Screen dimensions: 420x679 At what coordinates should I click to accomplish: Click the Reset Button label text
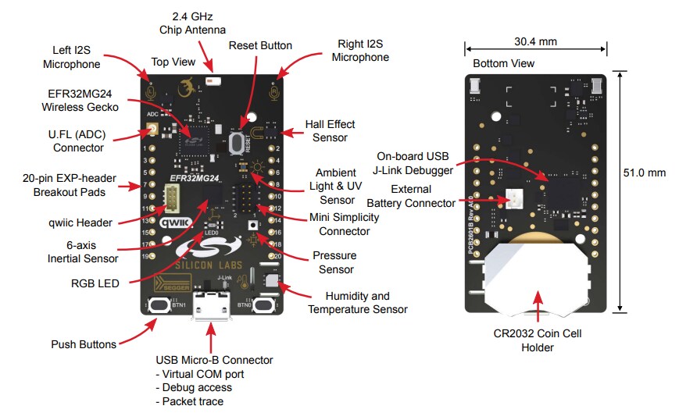point(260,46)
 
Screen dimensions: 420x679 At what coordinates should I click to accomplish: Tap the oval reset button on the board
point(235,141)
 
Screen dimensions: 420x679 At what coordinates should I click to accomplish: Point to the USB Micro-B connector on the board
point(209,305)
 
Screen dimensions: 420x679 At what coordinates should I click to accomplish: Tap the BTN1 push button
point(162,304)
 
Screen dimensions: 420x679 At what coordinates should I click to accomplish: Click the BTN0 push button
point(265,304)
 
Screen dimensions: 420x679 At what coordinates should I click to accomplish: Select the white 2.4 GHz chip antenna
point(211,80)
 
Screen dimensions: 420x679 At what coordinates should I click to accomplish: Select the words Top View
point(172,62)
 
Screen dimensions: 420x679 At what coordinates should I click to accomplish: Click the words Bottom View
point(504,62)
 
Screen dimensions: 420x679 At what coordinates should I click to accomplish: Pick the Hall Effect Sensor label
point(330,130)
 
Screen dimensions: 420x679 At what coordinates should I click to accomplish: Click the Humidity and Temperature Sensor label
point(357,302)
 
